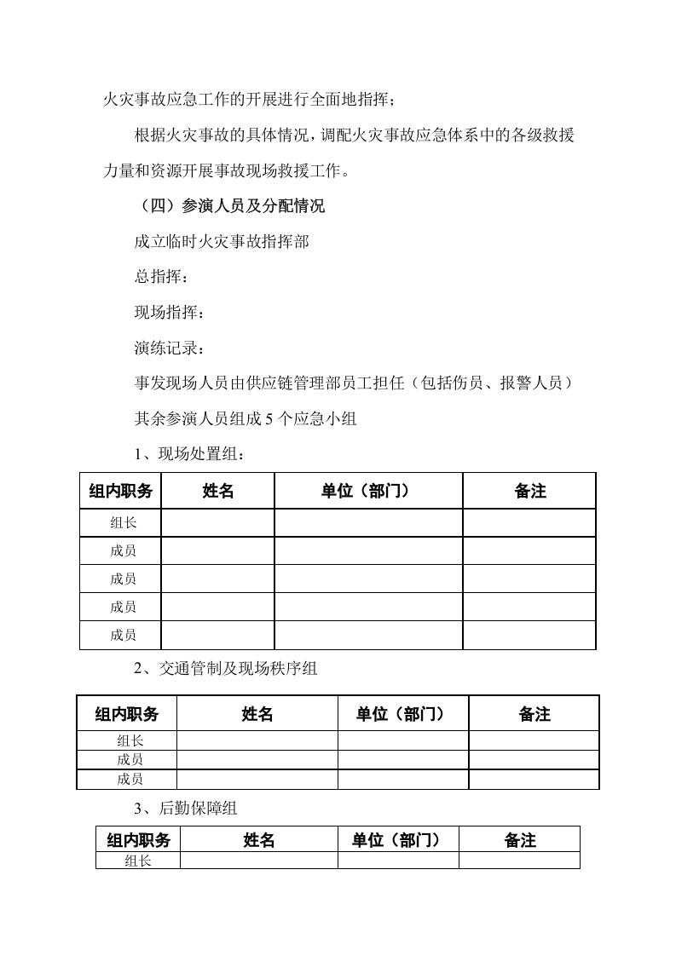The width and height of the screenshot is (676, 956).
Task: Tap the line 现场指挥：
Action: tap(170, 313)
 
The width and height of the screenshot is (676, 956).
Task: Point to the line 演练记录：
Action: tap(170, 348)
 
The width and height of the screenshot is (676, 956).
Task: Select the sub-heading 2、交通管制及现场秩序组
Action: tap(225, 668)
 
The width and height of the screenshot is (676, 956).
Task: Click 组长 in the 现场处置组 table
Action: tap(123, 523)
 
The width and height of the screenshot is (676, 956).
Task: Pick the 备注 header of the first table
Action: tap(529, 491)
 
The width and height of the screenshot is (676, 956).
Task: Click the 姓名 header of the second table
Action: tap(257, 714)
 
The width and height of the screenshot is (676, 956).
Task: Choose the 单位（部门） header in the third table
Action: tap(397, 840)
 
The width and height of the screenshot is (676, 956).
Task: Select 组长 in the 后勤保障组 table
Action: tap(137, 861)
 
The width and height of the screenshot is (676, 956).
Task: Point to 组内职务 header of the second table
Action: tap(126, 714)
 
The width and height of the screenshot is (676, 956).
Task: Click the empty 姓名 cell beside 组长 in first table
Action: tap(217, 523)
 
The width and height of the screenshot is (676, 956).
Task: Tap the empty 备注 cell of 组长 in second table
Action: tap(534, 740)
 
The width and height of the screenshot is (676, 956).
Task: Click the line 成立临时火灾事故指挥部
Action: tap(222, 241)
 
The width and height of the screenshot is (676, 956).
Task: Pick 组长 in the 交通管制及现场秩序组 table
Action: tap(130, 740)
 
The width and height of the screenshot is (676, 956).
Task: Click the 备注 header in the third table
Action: tap(519, 840)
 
